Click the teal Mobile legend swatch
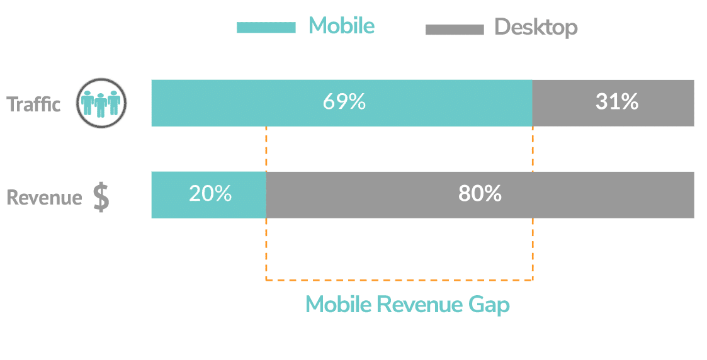click(x=266, y=28)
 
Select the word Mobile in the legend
click(x=341, y=25)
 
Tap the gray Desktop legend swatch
click(x=455, y=30)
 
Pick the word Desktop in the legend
click(x=536, y=27)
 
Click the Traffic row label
click(x=33, y=104)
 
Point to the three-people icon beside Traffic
click(x=101, y=103)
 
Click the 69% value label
click(x=344, y=102)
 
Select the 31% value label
click(x=617, y=102)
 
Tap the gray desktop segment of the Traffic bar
click(x=613, y=103)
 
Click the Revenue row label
click(x=44, y=198)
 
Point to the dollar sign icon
click(x=101, y=197)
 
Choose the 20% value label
click(x=210, y=194)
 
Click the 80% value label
click(x=480, y=194)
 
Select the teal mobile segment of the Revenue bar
click(x=209, y=195)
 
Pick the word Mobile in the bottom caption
click(x=339, y=304)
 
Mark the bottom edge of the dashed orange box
click(x=400, y=280)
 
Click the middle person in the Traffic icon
click(x=101, y=105)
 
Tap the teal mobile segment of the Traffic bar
click(x=342, y=103)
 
